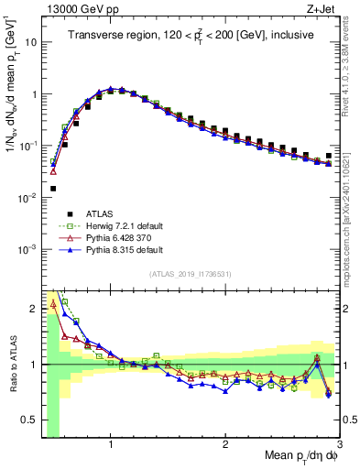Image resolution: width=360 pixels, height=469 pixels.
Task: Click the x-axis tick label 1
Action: tap(111, 444)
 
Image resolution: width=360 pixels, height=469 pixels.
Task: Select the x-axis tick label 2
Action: tap(225, 444)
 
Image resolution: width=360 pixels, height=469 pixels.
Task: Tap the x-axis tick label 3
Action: tap(340, 444)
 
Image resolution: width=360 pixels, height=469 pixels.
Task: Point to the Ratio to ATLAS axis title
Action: tap(12, 364)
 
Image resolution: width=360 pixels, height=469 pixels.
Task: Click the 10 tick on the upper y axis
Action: tap(28, 42)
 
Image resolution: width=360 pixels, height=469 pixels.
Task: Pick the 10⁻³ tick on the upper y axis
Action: tap(27, 249)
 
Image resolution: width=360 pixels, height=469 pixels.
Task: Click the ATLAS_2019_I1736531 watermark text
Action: tap(190, 275)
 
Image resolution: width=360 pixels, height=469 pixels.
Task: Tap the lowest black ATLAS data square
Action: tap(53, 189)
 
